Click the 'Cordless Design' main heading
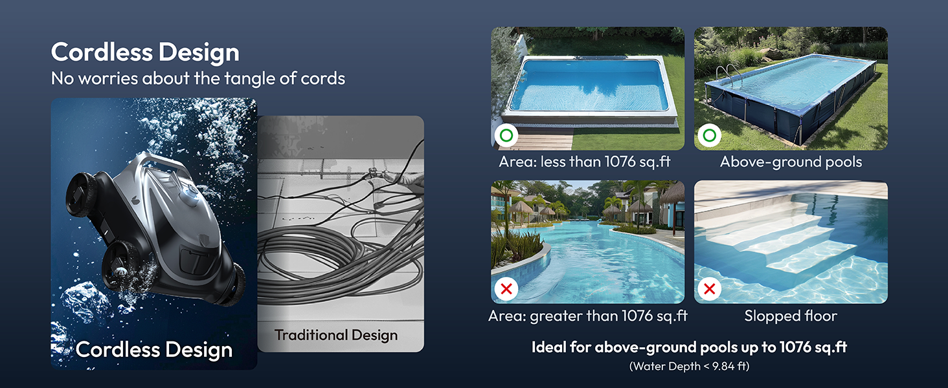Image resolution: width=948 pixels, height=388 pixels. tap(145, 52)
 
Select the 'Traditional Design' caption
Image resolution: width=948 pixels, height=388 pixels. tap(335, 335)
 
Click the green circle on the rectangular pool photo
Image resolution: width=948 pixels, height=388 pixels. tap(506, 136)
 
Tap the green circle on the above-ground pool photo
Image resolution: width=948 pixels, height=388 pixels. tap(710, 136)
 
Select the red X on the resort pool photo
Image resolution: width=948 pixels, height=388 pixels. tap(506, 289)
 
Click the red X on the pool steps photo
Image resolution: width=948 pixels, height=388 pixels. tap(710, 289)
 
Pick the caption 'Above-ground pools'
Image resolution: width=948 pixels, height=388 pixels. tap(791, 162)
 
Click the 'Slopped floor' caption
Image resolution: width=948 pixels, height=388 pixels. tap(791, 316)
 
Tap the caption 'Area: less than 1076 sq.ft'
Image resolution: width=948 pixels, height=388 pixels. tap(585, 162)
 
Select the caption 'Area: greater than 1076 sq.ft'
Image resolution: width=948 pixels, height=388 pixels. tap(587, 316)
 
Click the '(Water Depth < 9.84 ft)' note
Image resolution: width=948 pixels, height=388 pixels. tap(689, 367)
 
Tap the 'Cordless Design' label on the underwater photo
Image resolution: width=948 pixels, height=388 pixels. tap(153, 350)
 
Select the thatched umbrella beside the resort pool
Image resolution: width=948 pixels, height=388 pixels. tap(522, 207)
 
